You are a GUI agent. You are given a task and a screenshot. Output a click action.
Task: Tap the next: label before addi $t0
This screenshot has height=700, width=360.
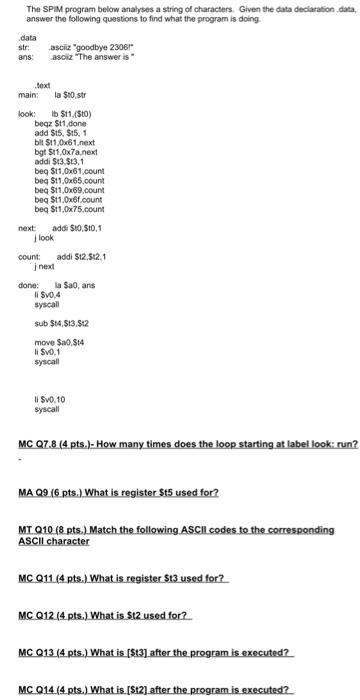tap(28, 227)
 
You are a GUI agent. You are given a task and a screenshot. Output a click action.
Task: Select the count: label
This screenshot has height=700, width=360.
tap(30, 256)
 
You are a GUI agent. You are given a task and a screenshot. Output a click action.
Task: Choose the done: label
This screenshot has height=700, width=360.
tap(30, 286)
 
